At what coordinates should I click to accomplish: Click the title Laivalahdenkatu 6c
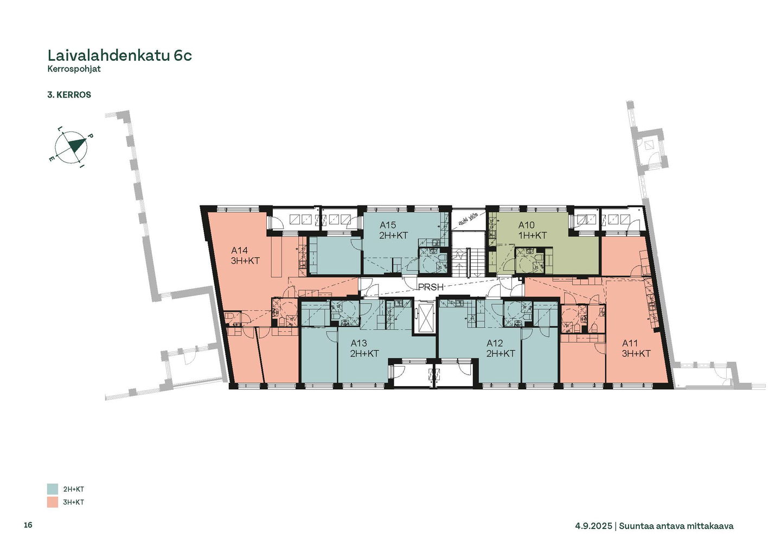[119, 55]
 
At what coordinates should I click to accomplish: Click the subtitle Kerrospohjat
[74, 69]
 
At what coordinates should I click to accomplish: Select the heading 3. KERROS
[69, 95]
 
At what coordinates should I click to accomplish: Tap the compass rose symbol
[72, 147]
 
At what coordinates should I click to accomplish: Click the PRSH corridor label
[431, 287]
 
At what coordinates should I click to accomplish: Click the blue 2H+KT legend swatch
[53, 489]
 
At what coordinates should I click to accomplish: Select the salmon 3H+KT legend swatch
[53, 502]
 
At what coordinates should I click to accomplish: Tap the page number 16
[28, 525]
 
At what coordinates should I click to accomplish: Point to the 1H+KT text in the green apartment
[533, 235]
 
